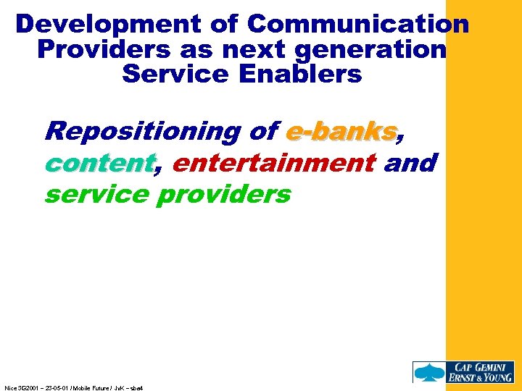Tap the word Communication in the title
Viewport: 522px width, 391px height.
coord(358,25)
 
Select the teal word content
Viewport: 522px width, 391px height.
coord(99,163)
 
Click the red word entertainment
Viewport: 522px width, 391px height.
coord(273,163)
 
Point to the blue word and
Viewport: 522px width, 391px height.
coord(410,163)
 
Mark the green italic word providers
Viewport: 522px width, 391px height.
coord(223,195)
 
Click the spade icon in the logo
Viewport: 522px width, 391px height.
coord(425,371)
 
